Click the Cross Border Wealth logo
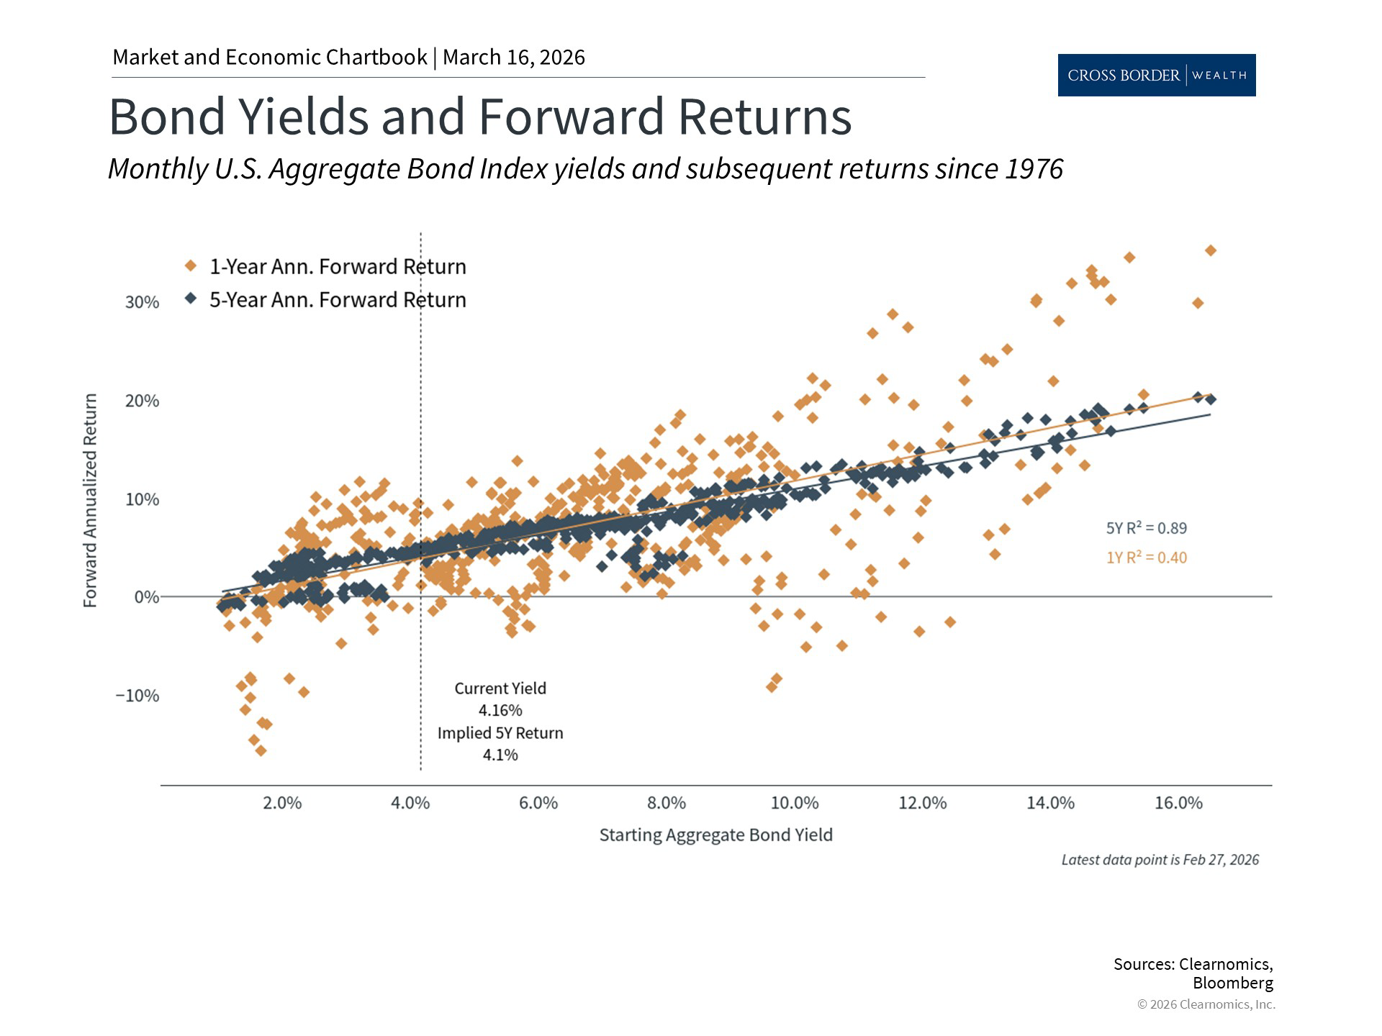pyautogui.click(x=1156, y=75)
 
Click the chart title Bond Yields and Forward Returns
pyautogui.click(x=479, y=117)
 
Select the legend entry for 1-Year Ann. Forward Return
pyautogui.click(x=337, y=266)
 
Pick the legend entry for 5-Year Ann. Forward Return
pyautogui.click(x=337, y=299)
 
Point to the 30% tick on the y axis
pyautogui.click(x=142, y=302)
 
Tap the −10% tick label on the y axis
pyautogui.click(x=137, y=696)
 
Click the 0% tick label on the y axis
pyautogui.click(x=146, y=597)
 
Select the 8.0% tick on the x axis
pyautogui.click(x=666, y=803)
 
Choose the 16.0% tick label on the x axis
pyautogui.click(x=1178, y=803)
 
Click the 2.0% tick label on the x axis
pyautogui.click(x=282, y=803)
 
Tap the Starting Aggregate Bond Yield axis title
pyautogui.click(x=715, y=835)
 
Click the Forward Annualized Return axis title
pyautogui.click(x=90, y=500)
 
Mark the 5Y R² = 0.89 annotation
pyautogui.click(x=1146, y=528)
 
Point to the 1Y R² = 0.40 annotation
pyautogui.click(x=1146, y=558)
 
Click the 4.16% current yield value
pyautogui.click(x=500, y=711)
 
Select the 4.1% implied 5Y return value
pyautogui.click(x=500, y=755)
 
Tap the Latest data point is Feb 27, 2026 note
pyautogui.click(x=1160, y=860)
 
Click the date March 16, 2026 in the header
pyautogui.click(x=514, y=57)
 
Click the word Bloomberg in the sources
pyautogui.click(x=1232, y=983)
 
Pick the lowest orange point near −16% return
pyautogui.click(x=261, y=750)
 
